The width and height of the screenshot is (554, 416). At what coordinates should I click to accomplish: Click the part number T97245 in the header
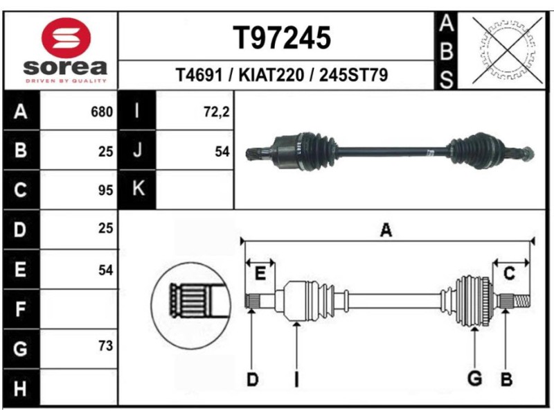281,39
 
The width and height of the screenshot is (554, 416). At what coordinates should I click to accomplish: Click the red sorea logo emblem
66,37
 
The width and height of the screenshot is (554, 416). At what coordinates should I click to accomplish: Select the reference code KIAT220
271,75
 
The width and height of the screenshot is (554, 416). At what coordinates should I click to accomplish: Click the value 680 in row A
102,112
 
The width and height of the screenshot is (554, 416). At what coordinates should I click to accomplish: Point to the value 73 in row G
105,345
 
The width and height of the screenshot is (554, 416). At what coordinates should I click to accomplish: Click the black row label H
21,388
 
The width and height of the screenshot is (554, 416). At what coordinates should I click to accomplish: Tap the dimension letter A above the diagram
386,231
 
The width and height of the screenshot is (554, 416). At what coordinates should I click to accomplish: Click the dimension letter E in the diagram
260,274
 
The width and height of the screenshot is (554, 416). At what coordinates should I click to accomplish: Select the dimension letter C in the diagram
509,274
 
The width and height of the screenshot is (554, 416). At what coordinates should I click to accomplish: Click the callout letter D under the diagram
253,379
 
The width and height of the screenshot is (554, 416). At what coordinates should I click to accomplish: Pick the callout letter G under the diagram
474,379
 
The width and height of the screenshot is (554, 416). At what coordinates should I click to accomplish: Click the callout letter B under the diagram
506,379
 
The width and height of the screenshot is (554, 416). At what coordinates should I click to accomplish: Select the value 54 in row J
222,150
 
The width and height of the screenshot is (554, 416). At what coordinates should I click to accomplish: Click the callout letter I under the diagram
296,379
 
